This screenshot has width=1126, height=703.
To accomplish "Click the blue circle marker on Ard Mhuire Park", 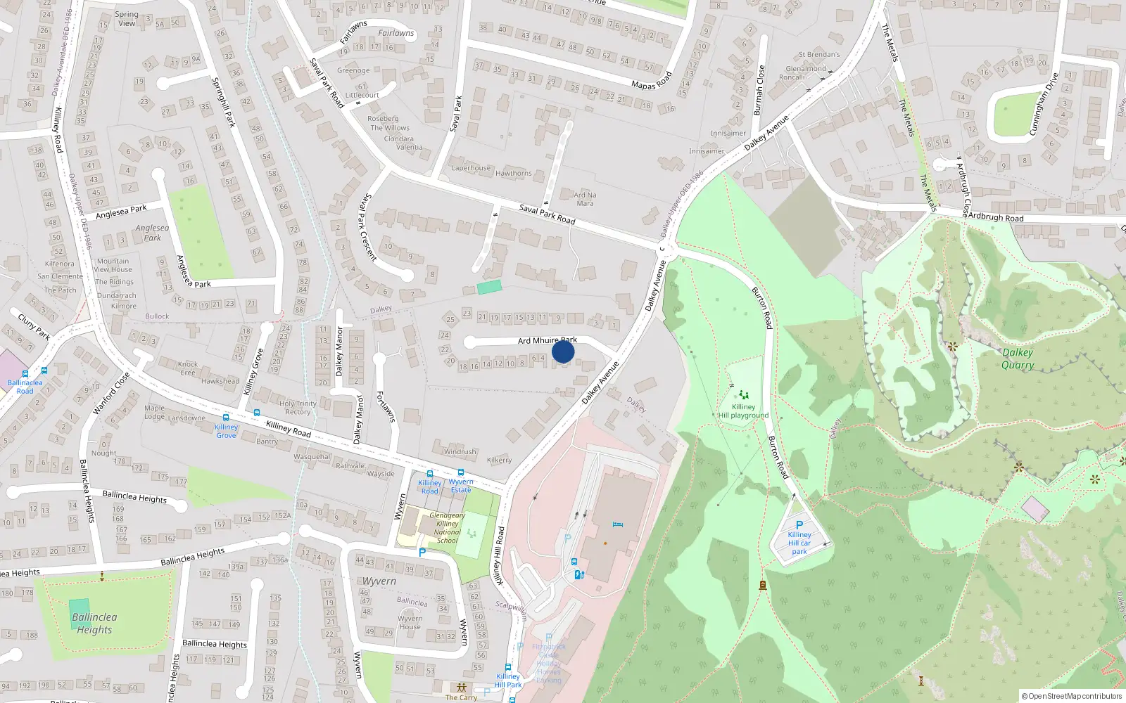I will (x=563, y=351).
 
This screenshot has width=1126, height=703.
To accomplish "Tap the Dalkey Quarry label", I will (x=1018, y=359).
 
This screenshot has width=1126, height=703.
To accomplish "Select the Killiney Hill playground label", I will (x=743, y=411).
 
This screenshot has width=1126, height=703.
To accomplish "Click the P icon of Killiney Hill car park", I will (x=799, y=524).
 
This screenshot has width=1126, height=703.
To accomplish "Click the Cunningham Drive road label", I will (x=1044, y=103).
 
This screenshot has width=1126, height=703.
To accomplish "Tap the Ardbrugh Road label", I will (x=996, y=217).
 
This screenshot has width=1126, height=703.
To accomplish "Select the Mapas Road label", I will (x=652, y=81).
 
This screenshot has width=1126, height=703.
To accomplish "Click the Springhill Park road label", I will (x=223, y=102).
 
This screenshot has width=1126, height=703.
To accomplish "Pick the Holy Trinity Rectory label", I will (x=298, y=408).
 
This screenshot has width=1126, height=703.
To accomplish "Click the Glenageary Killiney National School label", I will (x=448, y=528).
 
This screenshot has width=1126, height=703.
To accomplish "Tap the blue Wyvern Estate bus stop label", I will (x=461, y=486).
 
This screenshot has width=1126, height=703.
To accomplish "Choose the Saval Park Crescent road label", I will (x=368, y=227).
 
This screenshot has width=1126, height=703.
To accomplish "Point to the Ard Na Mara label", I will (x=585, y=199).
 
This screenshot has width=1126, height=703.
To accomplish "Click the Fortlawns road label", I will (x=385, y=406).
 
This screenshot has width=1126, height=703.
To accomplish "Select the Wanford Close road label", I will (x=111, y=393).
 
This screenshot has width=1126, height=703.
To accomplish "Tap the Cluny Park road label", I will (x=34, y=326).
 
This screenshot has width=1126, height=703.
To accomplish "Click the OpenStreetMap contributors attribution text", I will (x=1072, y=696).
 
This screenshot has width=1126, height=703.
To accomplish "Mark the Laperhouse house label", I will (x=471, y=168).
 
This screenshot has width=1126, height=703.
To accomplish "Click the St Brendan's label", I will (x=819, y=54).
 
